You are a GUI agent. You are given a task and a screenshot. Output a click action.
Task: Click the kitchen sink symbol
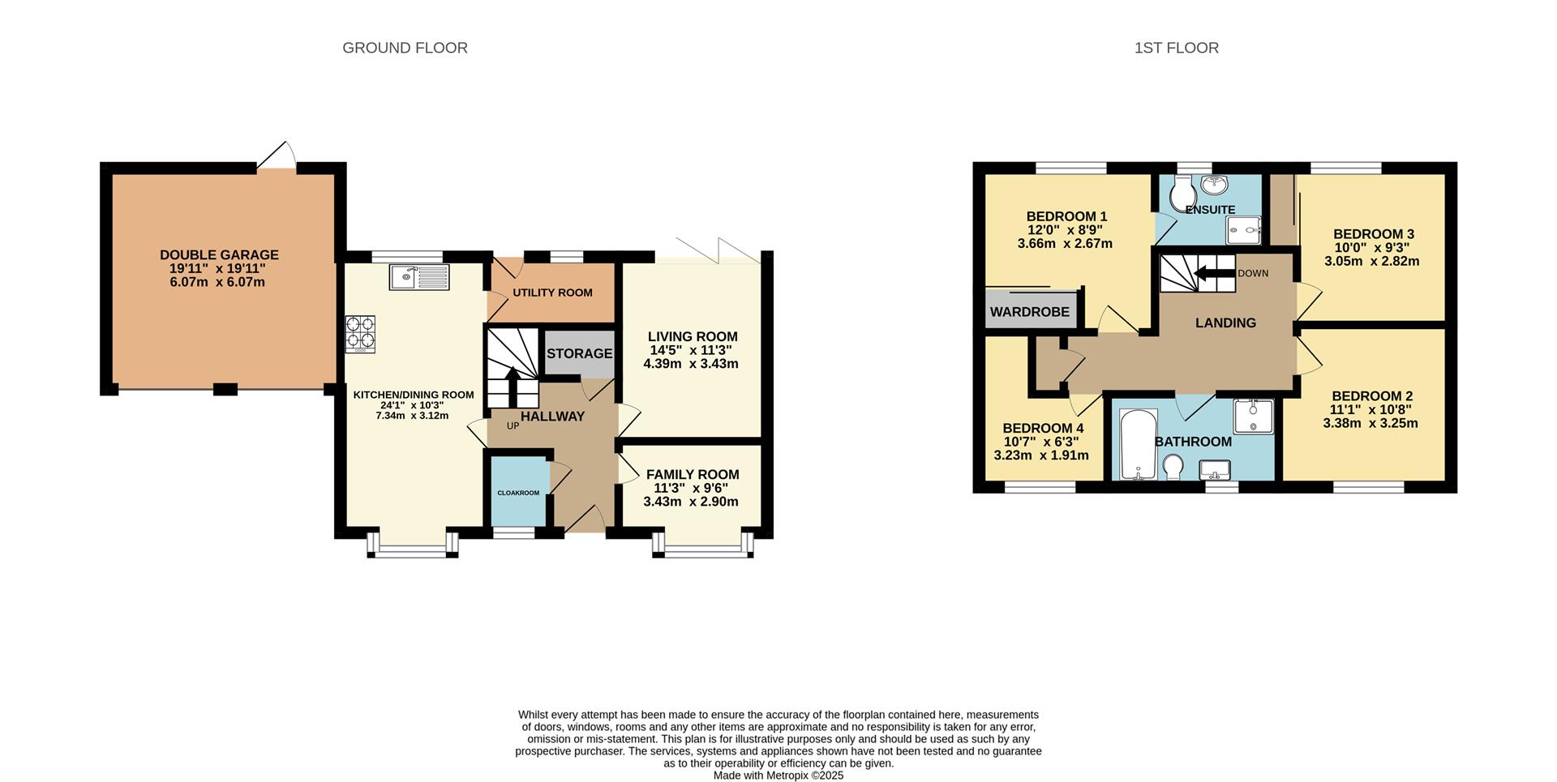418,277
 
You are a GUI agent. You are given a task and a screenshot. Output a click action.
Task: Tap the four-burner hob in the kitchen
360,334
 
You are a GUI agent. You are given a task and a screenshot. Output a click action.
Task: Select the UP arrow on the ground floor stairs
513,385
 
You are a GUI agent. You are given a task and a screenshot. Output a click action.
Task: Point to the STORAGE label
579,353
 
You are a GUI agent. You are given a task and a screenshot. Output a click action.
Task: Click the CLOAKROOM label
518,493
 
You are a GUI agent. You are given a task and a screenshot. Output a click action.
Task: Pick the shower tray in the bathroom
1253,416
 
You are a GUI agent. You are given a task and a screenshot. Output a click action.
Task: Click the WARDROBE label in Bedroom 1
1029,312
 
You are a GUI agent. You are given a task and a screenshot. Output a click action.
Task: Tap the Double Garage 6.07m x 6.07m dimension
218,283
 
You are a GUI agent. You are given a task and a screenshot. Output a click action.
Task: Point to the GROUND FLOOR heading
405,48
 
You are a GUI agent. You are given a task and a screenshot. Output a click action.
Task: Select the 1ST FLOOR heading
1176,48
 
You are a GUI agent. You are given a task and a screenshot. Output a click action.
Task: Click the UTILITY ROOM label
552,293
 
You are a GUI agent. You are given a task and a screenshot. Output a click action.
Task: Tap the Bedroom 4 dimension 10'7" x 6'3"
1041,442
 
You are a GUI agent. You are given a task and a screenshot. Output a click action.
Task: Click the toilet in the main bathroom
1172,467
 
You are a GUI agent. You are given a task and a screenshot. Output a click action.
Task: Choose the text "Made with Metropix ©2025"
778,776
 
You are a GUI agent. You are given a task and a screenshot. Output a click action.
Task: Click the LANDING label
1225,323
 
